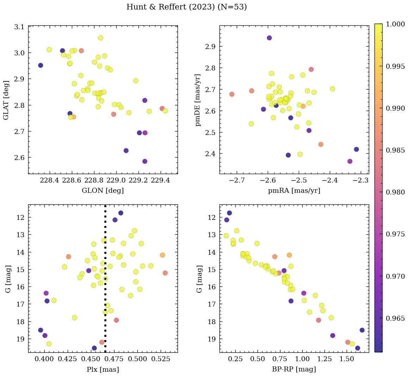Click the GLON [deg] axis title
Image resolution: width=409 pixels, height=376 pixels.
103,191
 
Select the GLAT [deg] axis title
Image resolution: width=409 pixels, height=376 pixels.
6,100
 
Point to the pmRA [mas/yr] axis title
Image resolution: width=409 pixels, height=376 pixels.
294,191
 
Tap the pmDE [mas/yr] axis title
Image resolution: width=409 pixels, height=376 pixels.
198,100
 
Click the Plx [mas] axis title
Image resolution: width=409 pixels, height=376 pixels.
103,369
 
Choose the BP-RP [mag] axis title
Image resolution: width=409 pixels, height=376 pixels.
294,369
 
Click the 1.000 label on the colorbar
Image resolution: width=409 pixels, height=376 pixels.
395,24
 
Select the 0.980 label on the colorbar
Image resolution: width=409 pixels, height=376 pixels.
395,192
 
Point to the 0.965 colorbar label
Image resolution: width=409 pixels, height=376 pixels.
395,318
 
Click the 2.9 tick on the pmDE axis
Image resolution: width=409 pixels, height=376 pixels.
211,47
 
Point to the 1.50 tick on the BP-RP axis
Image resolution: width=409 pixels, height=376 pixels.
347,359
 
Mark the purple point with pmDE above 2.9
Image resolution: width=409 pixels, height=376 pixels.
269,38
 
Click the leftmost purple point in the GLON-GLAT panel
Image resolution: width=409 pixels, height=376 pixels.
41,65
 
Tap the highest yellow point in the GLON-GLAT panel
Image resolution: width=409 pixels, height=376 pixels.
100,38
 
